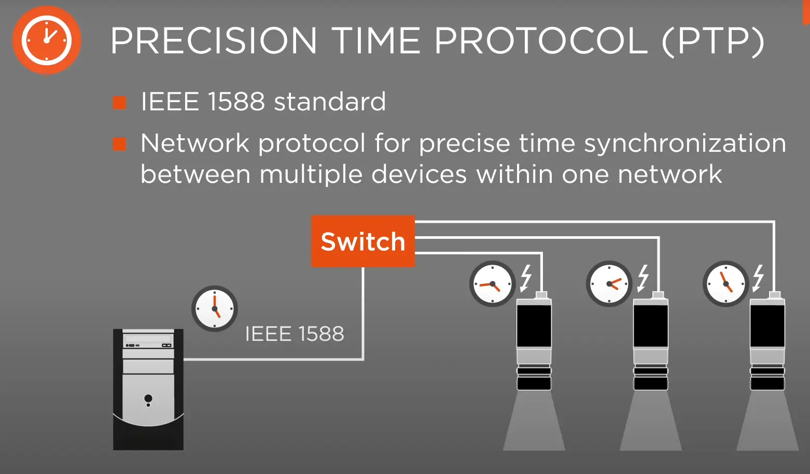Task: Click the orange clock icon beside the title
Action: [x=47, y=40]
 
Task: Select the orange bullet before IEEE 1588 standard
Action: [x=119, y=103]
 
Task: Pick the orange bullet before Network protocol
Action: [x=119, y=144]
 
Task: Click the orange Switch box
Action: [x=363, y=241]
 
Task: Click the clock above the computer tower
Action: [x=215, y=309]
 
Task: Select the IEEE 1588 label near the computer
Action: [x=295, y=334]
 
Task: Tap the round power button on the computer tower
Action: [x=148, y=398]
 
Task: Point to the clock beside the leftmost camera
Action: [x=492, y=284]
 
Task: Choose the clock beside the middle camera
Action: [x=609, y=284]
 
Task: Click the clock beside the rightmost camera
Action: [x=726, y=284]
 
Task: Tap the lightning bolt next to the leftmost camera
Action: [x=526, y=278]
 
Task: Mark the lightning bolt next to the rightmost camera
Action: [x=758, y=278]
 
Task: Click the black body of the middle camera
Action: [x=651, y=326]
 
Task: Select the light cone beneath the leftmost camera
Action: [x=534, y=421]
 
